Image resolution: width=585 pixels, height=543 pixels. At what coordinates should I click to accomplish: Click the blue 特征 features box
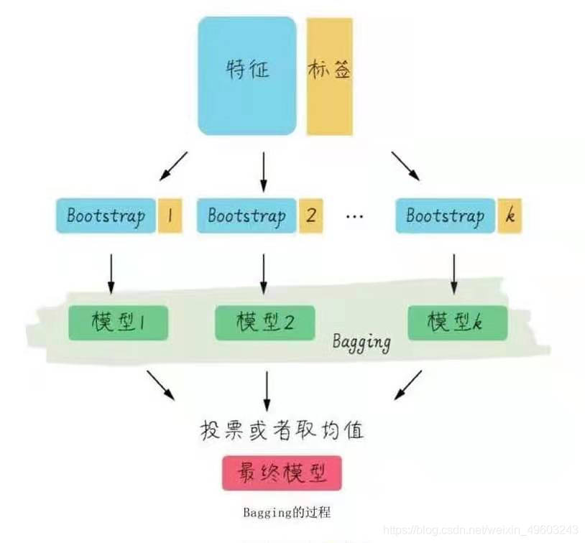247,75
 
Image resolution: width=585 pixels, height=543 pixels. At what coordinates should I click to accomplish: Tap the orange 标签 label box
330,75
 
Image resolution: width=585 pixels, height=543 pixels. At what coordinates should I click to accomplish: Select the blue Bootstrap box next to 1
106,215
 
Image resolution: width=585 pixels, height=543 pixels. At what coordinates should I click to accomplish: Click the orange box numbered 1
170,215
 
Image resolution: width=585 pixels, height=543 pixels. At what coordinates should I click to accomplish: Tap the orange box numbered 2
310,215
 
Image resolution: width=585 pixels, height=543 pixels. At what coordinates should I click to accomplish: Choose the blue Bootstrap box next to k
445,215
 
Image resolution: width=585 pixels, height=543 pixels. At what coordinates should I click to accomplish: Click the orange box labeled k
510,215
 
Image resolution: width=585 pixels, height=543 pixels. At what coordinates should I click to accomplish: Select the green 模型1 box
118,322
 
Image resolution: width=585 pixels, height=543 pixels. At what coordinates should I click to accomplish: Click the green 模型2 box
265,322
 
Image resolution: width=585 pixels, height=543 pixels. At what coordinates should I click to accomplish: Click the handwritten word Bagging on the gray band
361,341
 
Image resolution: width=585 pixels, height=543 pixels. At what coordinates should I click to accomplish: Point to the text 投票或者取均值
282,430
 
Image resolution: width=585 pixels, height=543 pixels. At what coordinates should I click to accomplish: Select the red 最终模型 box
282,473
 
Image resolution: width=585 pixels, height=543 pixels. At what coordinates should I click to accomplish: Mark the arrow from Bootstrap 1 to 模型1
111,271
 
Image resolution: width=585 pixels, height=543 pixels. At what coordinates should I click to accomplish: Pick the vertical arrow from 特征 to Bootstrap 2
265,172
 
